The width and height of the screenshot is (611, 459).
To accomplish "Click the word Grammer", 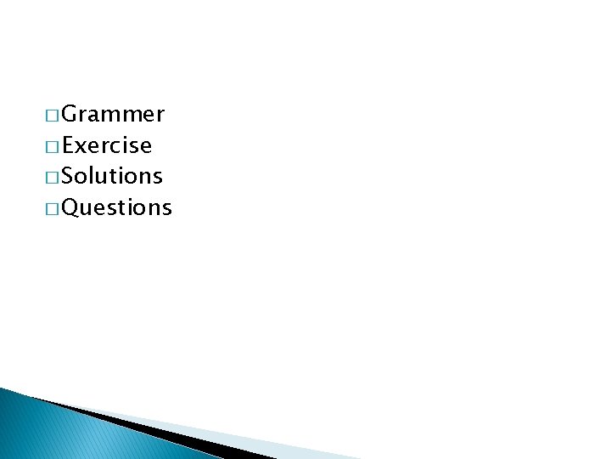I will [113, 114].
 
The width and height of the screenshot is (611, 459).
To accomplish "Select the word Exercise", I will [107, 145].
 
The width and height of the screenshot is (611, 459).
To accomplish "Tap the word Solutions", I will [112, 176].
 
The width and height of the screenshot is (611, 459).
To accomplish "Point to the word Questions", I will [117, 207].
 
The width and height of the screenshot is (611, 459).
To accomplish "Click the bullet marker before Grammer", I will [53, 115].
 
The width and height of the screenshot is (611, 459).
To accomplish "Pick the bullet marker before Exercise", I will [53, 146].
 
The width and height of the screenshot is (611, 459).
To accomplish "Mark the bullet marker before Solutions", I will [53, 177].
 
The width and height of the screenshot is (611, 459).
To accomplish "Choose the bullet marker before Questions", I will [53, 208].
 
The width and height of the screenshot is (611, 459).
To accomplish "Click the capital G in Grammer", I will [70, 114].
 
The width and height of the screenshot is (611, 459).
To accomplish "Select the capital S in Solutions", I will [69, 176].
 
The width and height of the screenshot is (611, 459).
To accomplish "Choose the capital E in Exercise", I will [69, 145].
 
